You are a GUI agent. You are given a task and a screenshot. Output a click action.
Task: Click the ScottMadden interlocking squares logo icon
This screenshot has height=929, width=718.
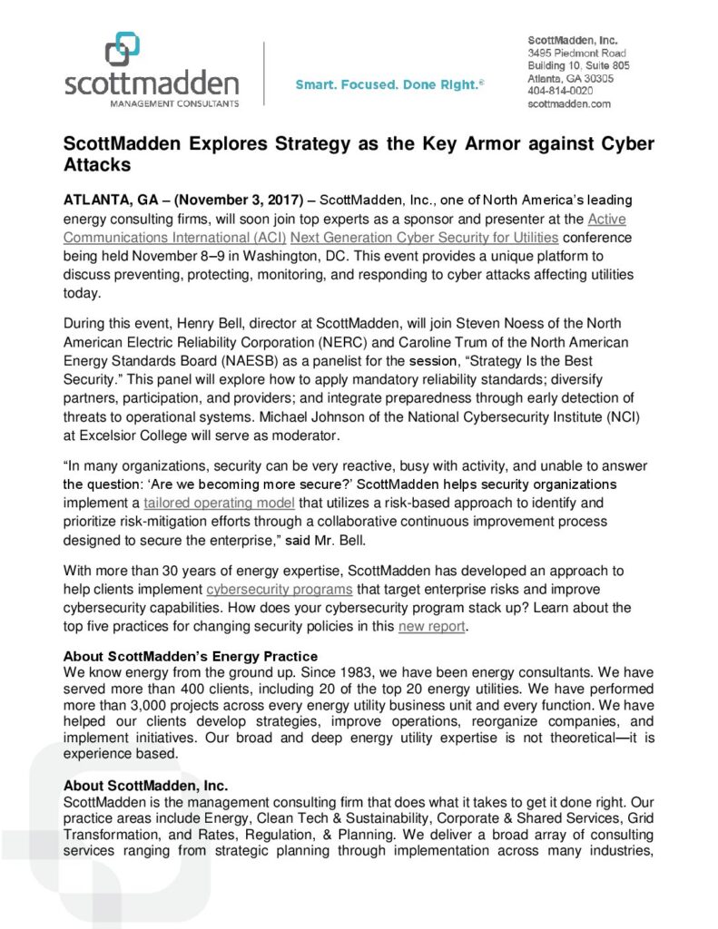[123, 50]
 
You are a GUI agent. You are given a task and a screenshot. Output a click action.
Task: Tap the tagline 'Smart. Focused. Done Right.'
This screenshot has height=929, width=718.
[389, 84]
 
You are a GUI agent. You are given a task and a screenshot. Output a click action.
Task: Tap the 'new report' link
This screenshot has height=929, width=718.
[431, 626]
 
